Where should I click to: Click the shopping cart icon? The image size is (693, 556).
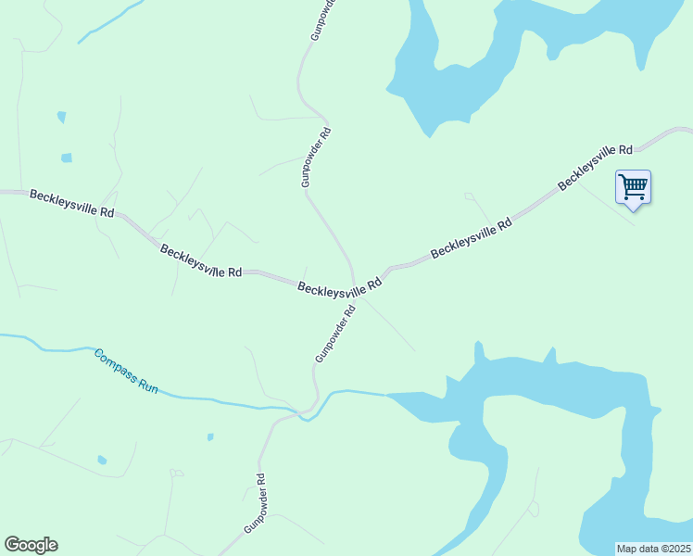633,186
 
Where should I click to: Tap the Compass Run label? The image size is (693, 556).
126,371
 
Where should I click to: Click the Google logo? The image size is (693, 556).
31,545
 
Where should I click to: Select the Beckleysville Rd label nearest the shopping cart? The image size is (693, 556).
595,167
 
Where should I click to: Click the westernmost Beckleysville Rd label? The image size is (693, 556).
71,203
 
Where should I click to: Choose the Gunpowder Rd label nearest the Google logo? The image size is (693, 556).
255,503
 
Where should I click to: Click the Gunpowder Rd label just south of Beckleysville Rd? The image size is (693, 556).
334,335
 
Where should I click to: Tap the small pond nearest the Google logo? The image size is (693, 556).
102,460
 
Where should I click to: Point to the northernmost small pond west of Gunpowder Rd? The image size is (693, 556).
61,118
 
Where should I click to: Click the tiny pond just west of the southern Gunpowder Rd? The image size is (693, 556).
211,436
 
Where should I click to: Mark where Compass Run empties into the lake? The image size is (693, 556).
386,395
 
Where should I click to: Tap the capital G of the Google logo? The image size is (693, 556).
12,545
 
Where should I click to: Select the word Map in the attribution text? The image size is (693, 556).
628,549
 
